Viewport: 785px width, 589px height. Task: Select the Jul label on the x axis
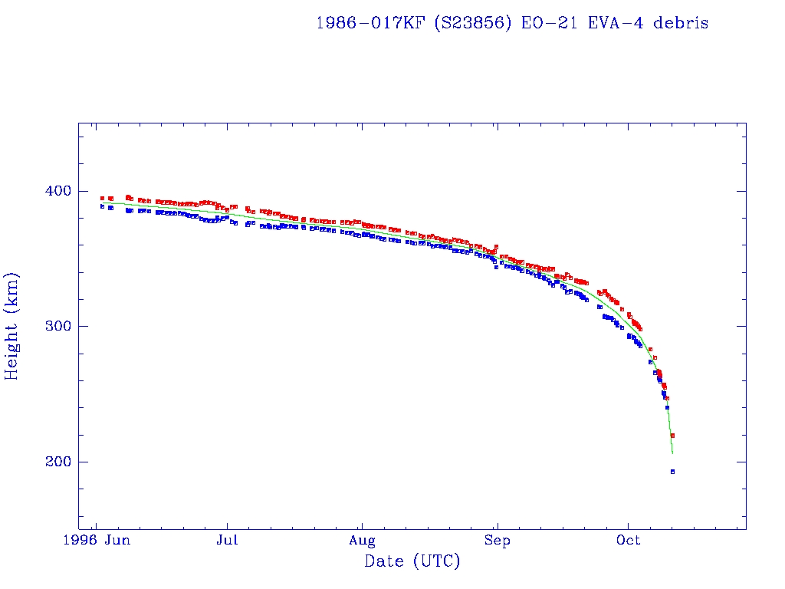coord(227,541)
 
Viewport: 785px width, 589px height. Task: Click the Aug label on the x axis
coord(361,541)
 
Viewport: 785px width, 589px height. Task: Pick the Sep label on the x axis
coord(497,541)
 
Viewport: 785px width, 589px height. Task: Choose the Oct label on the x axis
coord(629,541)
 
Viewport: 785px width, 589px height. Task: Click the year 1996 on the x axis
coord(80,541)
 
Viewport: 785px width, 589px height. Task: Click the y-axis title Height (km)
coord(12,326)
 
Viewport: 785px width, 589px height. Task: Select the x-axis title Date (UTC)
coord(412,562)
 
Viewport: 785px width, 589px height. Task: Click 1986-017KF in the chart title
coord(370,23)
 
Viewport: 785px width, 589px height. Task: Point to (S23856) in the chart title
coord(473,23)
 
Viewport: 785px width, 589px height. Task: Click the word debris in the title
coord(681,23)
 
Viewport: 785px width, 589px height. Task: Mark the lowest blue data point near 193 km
coord(672,472)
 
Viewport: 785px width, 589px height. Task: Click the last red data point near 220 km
coord(672,436)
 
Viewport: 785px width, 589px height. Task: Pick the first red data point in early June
coord(102,198)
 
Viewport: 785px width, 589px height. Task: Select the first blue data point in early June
coord(102,206)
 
